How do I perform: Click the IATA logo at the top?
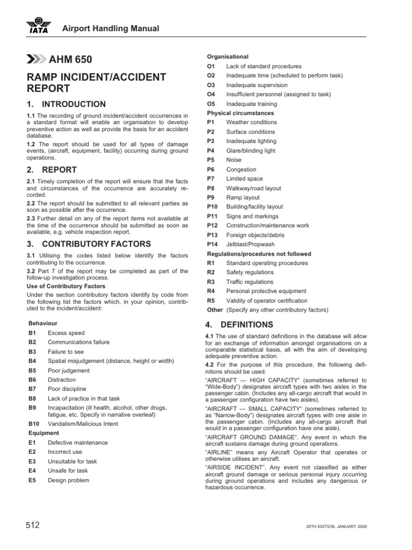pos(38,26)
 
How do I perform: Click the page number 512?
pos(33,525)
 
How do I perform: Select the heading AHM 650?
pos(66,60)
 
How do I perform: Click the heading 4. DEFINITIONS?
pos(239,324)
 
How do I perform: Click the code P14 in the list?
pos(213,244)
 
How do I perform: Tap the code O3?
pos(211,85)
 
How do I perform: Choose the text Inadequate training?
pos(252,104)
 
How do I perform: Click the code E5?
pos(32,480)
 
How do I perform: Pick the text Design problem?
pos(69,480)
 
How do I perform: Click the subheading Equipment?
pos(43,433)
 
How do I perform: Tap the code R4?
pos(211,291)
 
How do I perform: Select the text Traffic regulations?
pos(249,281)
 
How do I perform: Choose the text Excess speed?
pos(66,333)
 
